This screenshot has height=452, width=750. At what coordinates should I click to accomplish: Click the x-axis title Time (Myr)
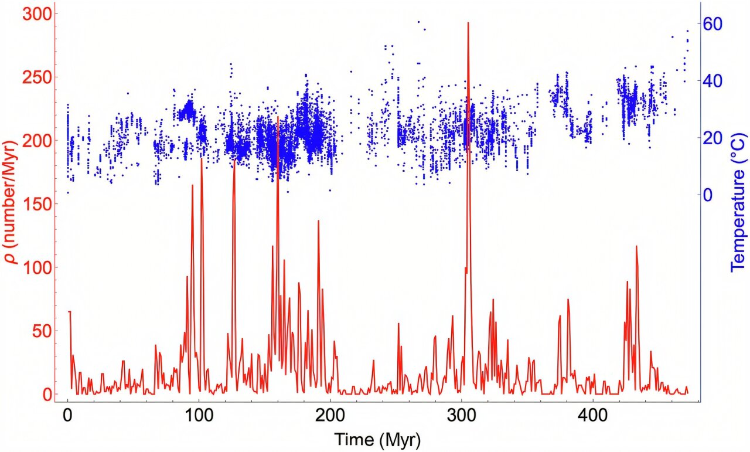(377, 439)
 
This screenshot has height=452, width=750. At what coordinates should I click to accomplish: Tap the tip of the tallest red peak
(468, 23)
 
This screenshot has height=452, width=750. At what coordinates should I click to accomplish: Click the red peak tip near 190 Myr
(318, 220)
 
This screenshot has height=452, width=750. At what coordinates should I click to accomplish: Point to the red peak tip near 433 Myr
(636, 246)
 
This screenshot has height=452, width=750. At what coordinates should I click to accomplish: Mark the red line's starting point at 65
(69, 311)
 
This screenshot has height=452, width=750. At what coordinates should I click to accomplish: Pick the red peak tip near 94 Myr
(192, 185)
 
